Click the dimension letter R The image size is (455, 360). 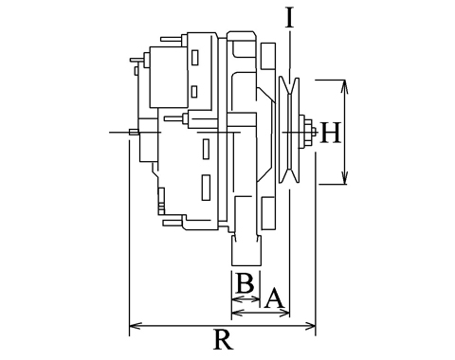(x=224, y=339)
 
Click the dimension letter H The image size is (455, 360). (x=331, y=133)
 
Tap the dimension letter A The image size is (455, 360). (x=274, y=297)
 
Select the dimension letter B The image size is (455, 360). (x=245, y=283)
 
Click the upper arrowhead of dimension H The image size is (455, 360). (x=344, y=87)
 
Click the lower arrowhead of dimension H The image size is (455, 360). (x=344, y=177)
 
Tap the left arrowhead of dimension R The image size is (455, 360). (x=136, y=326)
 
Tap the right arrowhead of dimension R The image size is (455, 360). (x=309, y=326)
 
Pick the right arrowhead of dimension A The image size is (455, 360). (x=283, y=313)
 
